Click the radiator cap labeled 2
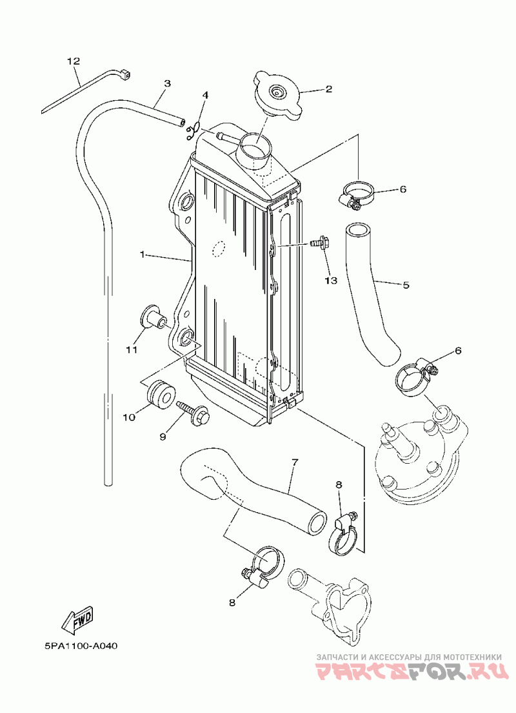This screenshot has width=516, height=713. coord(277,94)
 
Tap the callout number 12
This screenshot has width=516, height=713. coord(74,61)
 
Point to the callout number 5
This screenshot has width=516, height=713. coord(406,285)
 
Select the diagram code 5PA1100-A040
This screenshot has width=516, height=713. coord(81,646)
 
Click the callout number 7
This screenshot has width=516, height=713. coord(295,462)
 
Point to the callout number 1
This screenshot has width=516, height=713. coord(143,255)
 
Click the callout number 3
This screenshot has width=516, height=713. coord(167,83)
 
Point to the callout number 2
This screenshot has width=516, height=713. coord(328,88)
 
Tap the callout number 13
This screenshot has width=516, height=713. coord(331,280)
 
